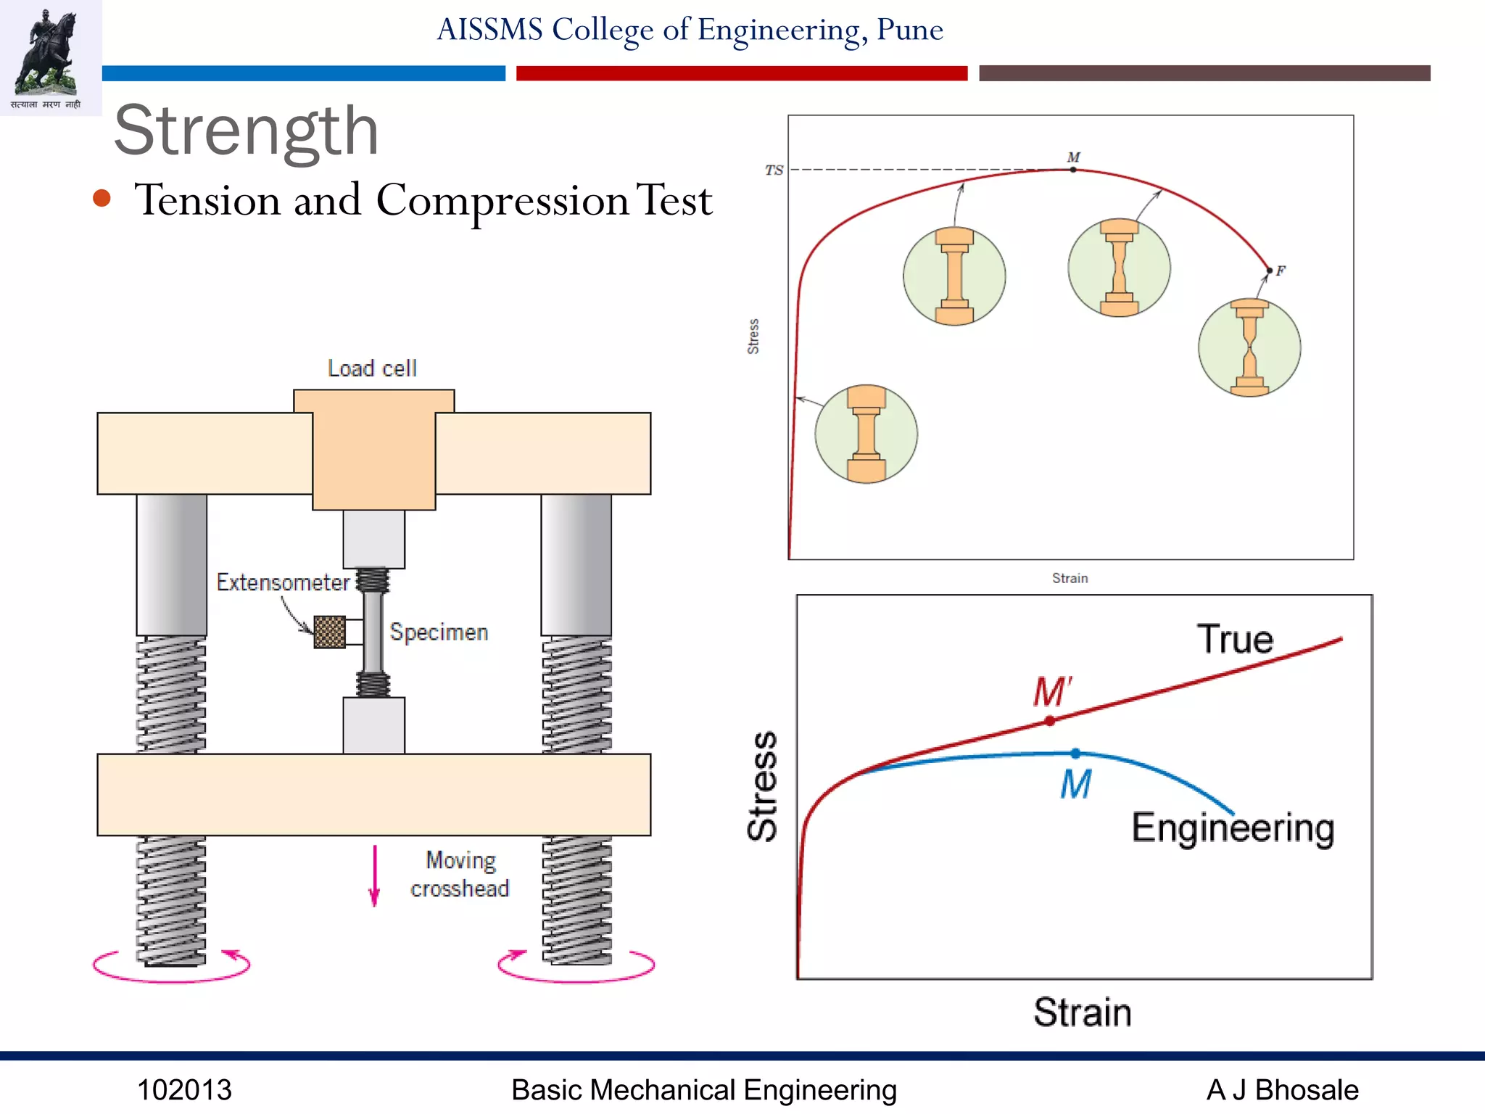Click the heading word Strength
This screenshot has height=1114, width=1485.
point(247,131)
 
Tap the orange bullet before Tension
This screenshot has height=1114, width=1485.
point(102,199)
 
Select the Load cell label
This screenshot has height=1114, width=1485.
point(372,368)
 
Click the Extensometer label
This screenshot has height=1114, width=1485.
point(283,582)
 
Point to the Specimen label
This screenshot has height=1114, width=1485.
point(439,632)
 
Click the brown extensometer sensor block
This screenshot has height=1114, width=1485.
point(329,632)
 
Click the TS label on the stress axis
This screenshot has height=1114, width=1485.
point(774,170)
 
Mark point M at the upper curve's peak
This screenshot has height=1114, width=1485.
point(1073,170)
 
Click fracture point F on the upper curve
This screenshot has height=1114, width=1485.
point(1269,271)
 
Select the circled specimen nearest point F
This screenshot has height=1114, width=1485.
point(1249,348)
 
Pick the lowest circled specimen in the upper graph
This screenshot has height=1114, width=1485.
point(866,434)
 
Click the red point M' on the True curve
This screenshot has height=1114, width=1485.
point(1050,721)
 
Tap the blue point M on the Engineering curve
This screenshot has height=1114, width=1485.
point(1075,754)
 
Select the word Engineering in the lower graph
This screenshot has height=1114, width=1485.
point(1233,828)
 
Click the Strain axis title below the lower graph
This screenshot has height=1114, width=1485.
point(1082,1012)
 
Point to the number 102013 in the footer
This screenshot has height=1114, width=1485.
point(184,1090)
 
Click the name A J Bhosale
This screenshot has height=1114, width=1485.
point(1282,1090)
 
